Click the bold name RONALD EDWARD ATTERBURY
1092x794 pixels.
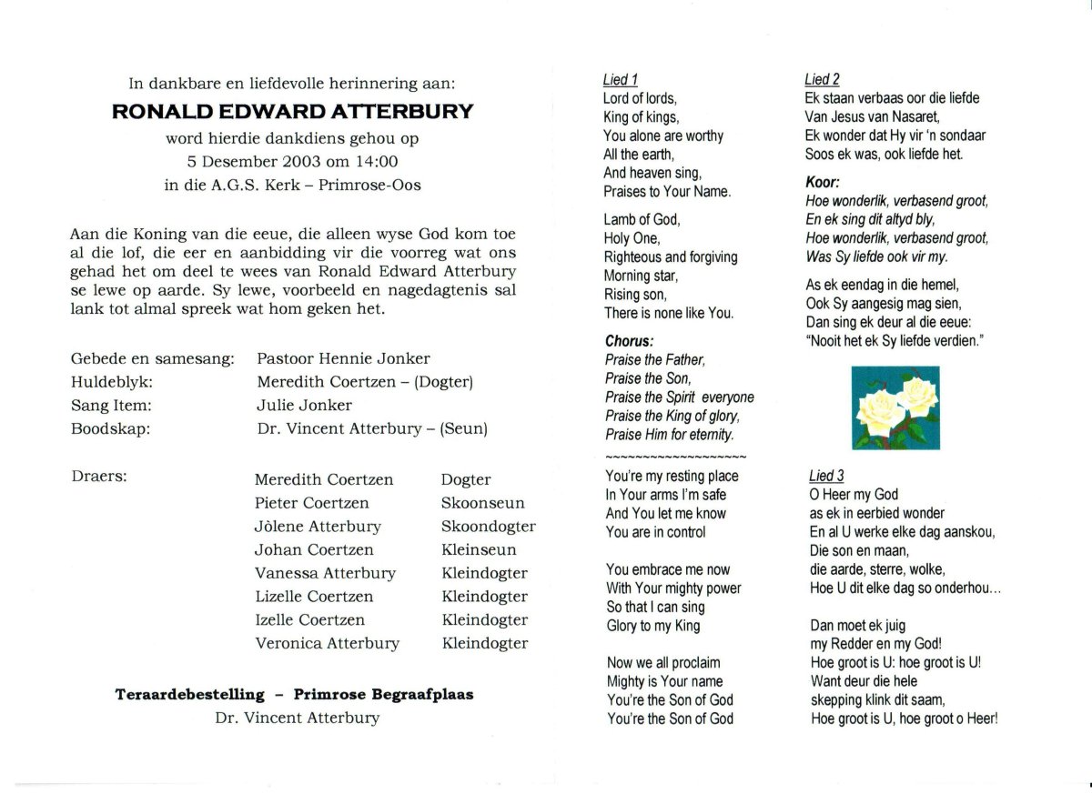coord(292,112)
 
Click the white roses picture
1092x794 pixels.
coord(896,407)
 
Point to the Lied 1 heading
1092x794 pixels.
coord(621,80)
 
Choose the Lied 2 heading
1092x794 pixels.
coord(823,80)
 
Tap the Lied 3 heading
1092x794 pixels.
coord(826,476)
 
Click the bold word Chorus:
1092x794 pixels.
coord(629,342)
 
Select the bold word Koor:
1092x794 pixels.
coord(822,182)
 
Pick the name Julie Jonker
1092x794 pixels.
coord(304,406)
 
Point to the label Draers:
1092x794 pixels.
coord(98,476)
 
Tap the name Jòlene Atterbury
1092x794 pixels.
coord(318,527)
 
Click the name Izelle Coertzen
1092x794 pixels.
coord(309,620)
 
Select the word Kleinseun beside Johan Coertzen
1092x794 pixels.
coord(479,550)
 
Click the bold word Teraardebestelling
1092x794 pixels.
coord(189,695)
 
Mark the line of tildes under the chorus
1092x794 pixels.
coord(675,456)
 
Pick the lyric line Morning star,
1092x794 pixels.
coord(641,276)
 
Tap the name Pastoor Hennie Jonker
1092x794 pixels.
coord(343,358)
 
